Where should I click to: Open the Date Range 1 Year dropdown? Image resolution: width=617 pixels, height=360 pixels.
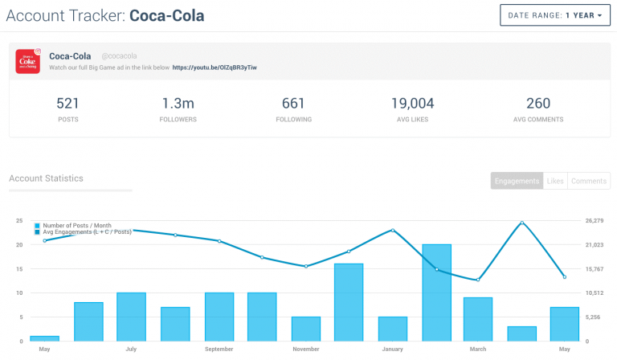point(555,15)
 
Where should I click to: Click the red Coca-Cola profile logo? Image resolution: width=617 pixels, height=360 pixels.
point(28,61)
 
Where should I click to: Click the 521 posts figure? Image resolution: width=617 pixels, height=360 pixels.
point(67,103)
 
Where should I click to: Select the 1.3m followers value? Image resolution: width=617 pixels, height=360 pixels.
point(178,103)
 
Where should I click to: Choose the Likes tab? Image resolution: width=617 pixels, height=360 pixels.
point(555,181)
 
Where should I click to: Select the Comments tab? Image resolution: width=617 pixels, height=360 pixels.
point(589,181)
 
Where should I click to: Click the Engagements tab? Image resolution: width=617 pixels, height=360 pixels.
point(517,181)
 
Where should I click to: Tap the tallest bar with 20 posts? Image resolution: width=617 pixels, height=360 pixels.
point(436,292)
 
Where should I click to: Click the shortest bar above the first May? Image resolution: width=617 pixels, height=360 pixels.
point(44,338)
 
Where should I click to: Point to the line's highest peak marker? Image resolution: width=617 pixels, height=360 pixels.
point(521,223)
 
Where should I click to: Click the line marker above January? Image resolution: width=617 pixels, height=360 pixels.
point(393,230)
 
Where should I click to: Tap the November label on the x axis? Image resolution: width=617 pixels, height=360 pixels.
point(305,350)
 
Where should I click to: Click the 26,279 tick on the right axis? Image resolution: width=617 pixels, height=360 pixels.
point(595,220)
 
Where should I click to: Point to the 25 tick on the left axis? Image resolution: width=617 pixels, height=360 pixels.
point(18,220)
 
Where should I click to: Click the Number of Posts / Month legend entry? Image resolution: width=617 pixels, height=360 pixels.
point(76,226)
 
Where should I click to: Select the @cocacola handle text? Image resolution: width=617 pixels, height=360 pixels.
point(119,56)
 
